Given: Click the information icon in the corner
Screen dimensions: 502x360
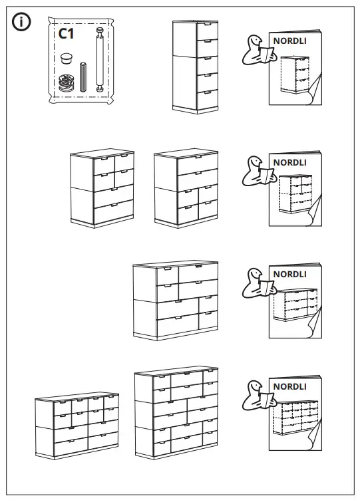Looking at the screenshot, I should pyautogui.click(x=22, y=23).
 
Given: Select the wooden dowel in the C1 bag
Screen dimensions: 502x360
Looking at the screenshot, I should pyautogui.click(x=84, y=76).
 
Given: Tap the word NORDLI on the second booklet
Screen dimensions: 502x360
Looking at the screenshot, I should pyautogui.click(x=289, y=162).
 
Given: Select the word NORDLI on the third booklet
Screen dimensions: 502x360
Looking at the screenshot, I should pyautogui.click(x=289, y=274).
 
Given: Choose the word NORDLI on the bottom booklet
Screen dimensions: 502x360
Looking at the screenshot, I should pyautogui.click(x=289, y=386).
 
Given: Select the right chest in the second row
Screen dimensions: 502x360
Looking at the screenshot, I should pyautogui.click(x=186, y=188).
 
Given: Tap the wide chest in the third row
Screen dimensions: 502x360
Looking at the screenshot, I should pyautogui.click(x=176, y=300).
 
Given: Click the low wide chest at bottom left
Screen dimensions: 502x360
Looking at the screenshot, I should pyautogui.click(x=78, y=426).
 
